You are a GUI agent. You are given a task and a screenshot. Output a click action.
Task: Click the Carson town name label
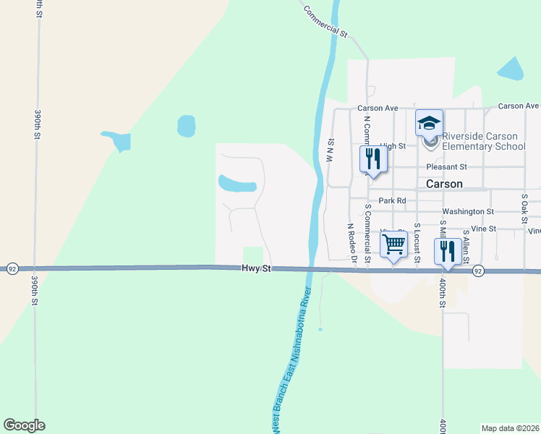444,184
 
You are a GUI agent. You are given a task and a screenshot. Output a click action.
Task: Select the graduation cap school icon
429,124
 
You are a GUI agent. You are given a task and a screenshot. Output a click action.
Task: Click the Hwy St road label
256,268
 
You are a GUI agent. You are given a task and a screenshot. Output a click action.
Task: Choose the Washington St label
467,212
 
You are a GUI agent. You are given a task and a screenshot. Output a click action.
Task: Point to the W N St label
330,150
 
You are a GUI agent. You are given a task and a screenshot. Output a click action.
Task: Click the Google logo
24,425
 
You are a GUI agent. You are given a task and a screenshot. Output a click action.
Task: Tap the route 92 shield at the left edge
12,267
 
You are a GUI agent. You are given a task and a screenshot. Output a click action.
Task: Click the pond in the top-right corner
511,69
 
